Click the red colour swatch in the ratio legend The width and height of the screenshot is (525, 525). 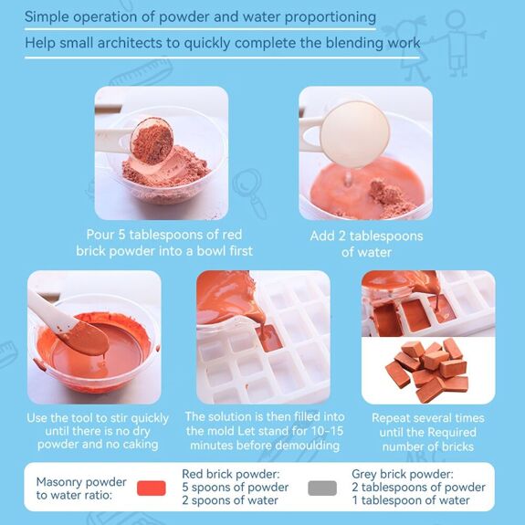(151, 488)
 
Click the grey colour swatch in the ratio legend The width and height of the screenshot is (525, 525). (322, 488)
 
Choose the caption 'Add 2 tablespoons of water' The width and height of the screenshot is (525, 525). (366, 243)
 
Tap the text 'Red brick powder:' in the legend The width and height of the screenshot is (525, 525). (231, 474)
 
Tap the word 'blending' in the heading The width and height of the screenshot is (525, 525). (351, 42)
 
